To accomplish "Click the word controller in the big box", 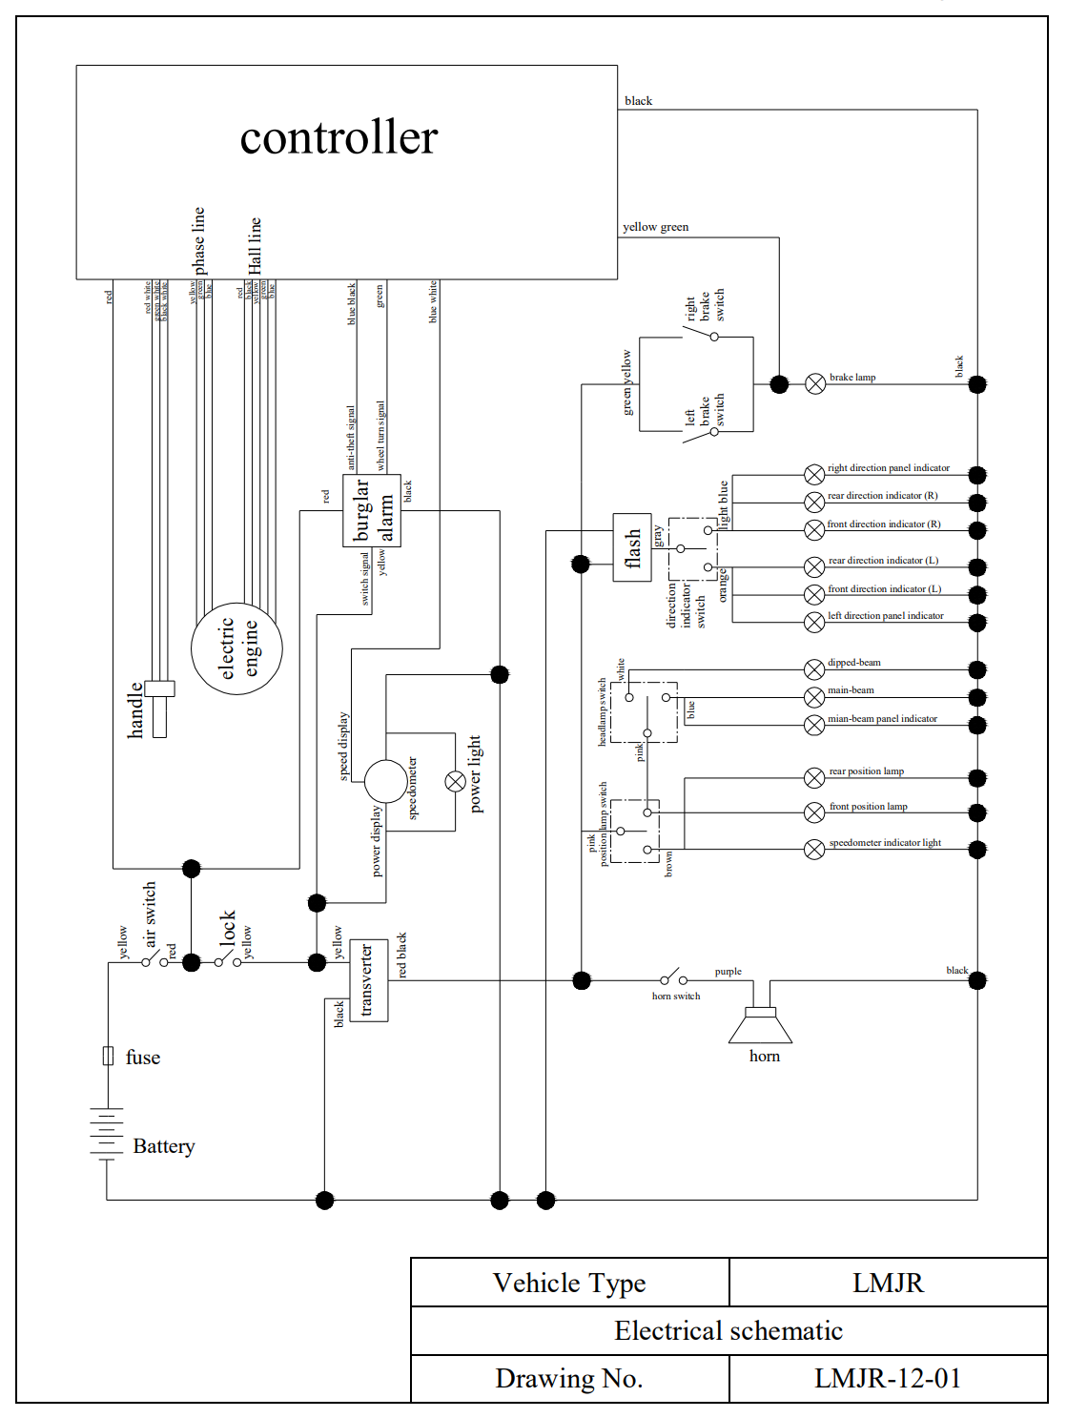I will click(339, 137).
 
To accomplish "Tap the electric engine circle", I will click(236, 648).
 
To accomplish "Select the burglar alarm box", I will click(372, 511).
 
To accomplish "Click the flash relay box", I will click(632, 547).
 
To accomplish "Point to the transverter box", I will click(368, 980).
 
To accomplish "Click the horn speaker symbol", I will click(760, 1025).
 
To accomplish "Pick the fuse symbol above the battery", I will click(108, 1056).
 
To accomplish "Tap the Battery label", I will click(163, 1146).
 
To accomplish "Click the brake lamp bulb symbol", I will click(815, 384).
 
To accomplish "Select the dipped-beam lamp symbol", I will click(814, 669).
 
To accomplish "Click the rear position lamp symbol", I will click(814, 778).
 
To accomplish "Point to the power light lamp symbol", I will click(456, 782).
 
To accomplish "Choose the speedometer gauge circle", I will click(385, 782).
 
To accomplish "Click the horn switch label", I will click(676, 997).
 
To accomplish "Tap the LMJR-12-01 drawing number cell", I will click(888, 1379).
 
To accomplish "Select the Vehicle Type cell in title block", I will click(569, 1284).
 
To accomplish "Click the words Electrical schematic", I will click(728, 1331).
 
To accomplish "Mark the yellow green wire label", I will click(655, 227).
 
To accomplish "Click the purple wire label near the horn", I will click(728, 972).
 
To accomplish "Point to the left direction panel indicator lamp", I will click(814, 623).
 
